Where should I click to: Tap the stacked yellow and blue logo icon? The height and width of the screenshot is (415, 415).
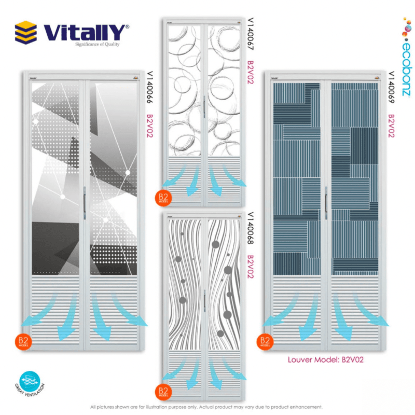click(x=26, y=32)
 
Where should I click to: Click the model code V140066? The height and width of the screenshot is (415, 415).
click(x=150, y=89)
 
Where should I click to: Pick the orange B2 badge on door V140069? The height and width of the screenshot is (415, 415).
click(x=265, y=342)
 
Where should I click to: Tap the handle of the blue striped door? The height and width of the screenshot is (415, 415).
click(x=326, y=202)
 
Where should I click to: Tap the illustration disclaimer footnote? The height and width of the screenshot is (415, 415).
click(x=206, y=407)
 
